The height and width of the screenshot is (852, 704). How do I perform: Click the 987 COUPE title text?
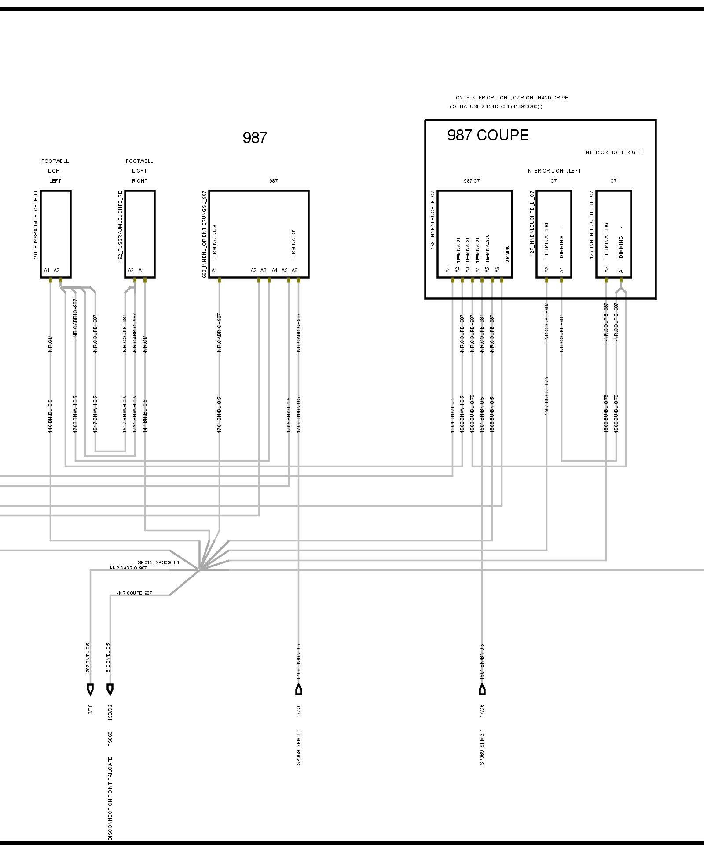pyautogui.click(x=488, y=135)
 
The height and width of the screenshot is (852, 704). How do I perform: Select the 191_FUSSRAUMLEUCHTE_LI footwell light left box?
pyautogui.click(x=55, y=234)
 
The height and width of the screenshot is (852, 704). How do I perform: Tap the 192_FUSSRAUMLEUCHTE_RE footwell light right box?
pyautogui.click(x=140, y=234)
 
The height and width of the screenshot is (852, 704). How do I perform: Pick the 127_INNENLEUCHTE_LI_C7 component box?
pyautogui.click(x=554, y=234)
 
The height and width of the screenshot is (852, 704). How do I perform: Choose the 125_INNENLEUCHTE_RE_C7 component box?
pyautogui.click(x=613, y=234)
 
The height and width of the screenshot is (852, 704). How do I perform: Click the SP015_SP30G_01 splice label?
pyautogui.click(x=158, y=562)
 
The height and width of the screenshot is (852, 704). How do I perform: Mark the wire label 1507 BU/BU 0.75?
pyautogui.click(x=547, y=396)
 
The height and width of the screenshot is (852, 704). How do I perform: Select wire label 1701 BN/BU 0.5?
pyautogui.click(x=219, y=415)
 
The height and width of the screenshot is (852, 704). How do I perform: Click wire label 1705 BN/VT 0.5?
pyautogui.click(x=289, y=415)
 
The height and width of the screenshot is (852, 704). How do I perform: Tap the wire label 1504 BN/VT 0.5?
pyautogui.click(x=452, y=415)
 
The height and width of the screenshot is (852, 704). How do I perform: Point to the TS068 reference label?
pyautogui.click(x=110, y=739)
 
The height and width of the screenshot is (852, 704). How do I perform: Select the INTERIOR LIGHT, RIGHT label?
pyautogui.click(x=613, y=152)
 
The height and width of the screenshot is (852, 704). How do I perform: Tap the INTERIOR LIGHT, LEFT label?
pyautogui.click(x=553, y=171)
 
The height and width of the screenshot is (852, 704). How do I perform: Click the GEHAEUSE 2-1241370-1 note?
pyautogui.click(x=496, y=106)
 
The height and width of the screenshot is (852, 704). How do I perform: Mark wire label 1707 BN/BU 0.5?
pyautogui.click(x=88, y=659)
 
